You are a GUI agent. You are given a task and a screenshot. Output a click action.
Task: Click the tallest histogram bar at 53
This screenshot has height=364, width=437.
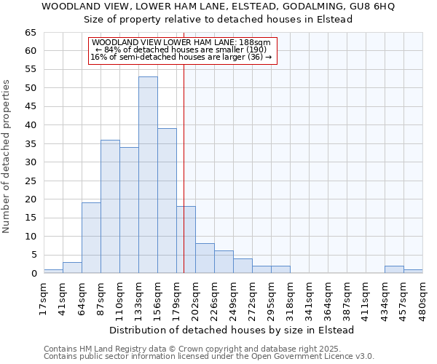click(148, 175)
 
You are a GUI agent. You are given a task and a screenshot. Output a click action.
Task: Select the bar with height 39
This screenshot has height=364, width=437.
click(167, 201)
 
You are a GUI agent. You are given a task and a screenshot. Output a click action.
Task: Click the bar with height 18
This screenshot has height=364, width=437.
click(186, 240)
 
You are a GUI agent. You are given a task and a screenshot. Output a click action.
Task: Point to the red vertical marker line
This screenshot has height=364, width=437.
click(184, 167)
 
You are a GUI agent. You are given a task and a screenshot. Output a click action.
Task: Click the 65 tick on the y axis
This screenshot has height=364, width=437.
click(30, 33)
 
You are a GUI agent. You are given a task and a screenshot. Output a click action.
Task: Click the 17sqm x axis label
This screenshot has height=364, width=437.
click(44, 296)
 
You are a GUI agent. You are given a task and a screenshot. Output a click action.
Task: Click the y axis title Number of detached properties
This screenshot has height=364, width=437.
click(7, 157)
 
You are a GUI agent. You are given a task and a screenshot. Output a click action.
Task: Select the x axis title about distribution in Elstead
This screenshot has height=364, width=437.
click(232, 330)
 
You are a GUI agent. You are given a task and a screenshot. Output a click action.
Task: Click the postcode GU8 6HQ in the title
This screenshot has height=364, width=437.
click(374, 7)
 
